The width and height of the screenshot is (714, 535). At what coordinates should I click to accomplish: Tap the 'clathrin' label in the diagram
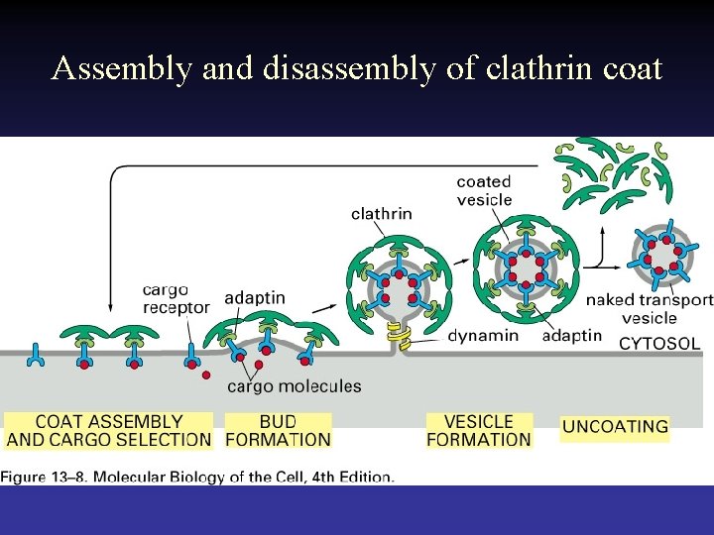382,214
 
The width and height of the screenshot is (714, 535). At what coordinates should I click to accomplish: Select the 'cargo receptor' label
176,298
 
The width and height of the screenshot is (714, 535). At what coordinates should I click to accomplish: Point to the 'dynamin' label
483,335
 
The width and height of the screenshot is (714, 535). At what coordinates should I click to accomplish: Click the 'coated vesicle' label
484,190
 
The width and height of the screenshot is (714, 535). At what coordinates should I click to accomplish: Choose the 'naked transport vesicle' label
649,308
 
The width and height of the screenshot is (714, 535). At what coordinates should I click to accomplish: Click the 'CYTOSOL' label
659,344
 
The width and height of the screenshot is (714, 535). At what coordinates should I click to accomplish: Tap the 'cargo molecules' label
295,386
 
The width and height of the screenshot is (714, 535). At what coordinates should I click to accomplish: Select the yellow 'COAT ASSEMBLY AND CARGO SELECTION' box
109,431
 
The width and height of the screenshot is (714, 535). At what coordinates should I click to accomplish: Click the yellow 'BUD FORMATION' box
278,431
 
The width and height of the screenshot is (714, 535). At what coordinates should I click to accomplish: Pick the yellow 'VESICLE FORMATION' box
479,431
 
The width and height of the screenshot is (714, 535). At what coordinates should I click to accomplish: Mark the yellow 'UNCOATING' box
615,427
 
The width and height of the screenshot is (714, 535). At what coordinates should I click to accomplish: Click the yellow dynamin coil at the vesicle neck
400,338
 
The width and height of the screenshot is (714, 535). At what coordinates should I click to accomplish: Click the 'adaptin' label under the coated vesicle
572,335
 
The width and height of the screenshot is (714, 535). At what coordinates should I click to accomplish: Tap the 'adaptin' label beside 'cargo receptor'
255,297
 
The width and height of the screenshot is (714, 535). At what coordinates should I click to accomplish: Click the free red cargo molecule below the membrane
206,375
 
